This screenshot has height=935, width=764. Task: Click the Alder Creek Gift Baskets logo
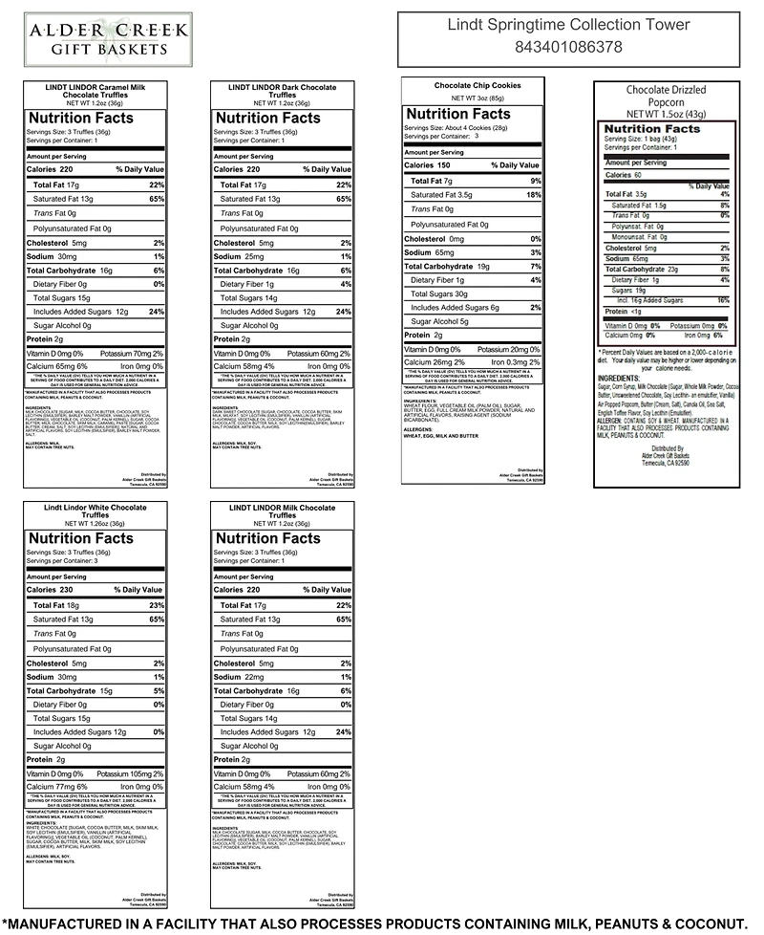click(107, 37)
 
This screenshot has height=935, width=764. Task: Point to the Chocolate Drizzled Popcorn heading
click(668, 96)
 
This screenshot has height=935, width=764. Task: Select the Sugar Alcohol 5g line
click(439, 321)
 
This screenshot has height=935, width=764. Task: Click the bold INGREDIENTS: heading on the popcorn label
click(626, 377)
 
